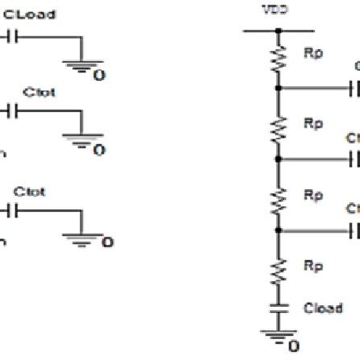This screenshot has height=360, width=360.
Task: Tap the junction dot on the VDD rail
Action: coord(278,32)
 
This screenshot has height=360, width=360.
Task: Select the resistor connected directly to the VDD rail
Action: coord(278,58)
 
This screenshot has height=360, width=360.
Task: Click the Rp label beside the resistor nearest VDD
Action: coord(313,52)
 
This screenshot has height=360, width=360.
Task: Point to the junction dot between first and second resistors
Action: coord(278,88)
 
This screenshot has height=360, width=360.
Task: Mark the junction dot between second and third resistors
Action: coord(278,159)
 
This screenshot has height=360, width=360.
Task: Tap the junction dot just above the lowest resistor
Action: coord(278,230)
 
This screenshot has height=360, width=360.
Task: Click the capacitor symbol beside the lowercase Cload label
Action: coord(278,308)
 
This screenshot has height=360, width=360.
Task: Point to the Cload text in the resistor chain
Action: coord(323,308)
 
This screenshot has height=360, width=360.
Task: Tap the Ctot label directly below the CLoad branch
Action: coord(34,93)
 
